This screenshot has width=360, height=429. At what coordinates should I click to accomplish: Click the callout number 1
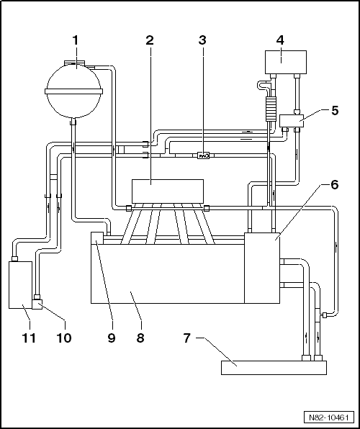[76, 40]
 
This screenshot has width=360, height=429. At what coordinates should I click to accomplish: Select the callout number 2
[150, 40]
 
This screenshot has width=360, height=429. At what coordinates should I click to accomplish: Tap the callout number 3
[202, 40]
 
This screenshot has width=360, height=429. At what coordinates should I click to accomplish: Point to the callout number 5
[335, 111]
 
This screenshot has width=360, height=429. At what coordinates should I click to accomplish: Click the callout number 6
[335, 185]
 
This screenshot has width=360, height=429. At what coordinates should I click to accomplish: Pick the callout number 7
[187, 338]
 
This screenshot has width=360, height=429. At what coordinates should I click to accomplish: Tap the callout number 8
[140, 338]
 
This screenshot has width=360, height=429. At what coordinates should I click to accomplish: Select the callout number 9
[112, 338]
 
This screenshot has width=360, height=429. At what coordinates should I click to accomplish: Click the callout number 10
[64, 338]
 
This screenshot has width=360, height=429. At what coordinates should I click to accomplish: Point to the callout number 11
[29, 338]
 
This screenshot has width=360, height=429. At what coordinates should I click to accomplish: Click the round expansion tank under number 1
[73, 90]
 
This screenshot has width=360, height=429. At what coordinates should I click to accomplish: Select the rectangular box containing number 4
[286, 62]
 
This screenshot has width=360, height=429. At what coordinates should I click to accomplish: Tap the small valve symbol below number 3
[204, 155]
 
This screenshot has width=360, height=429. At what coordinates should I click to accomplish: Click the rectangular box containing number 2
[168, 191]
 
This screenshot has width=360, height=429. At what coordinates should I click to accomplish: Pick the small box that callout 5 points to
[292, 121]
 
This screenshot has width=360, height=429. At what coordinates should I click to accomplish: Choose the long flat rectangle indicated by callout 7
[274, 367]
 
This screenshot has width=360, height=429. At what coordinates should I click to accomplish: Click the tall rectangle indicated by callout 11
[21, 285]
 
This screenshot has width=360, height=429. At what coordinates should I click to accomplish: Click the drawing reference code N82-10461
[329, 417]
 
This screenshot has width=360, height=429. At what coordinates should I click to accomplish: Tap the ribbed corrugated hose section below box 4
[271, 108]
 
